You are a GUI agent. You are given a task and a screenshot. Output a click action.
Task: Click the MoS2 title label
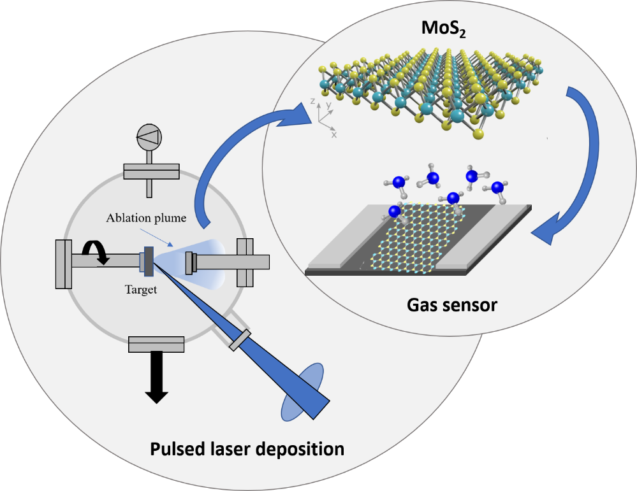point(444,29)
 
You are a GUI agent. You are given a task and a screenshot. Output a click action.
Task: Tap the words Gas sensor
point(451,305)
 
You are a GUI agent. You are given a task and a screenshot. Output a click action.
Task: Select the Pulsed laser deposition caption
point(247,449)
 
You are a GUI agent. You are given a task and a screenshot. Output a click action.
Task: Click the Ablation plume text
point(146,218)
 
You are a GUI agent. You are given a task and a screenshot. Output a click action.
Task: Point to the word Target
point(140,290)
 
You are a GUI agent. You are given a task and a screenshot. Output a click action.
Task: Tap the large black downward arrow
point(156,377)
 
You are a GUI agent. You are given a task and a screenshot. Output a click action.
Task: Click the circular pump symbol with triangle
point(149,137)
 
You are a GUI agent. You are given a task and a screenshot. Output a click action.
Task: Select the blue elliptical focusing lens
point(303,392)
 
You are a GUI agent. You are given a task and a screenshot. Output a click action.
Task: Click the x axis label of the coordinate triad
point(334,135)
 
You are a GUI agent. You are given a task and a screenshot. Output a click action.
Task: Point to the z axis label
point(312,101)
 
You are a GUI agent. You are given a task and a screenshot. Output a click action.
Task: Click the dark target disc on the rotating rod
point(149,261)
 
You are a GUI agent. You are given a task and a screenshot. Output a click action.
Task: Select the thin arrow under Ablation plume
point(156,238)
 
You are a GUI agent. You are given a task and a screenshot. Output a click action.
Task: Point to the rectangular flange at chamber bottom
point(156,345)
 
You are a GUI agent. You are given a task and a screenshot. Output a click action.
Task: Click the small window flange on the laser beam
point(240,340)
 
